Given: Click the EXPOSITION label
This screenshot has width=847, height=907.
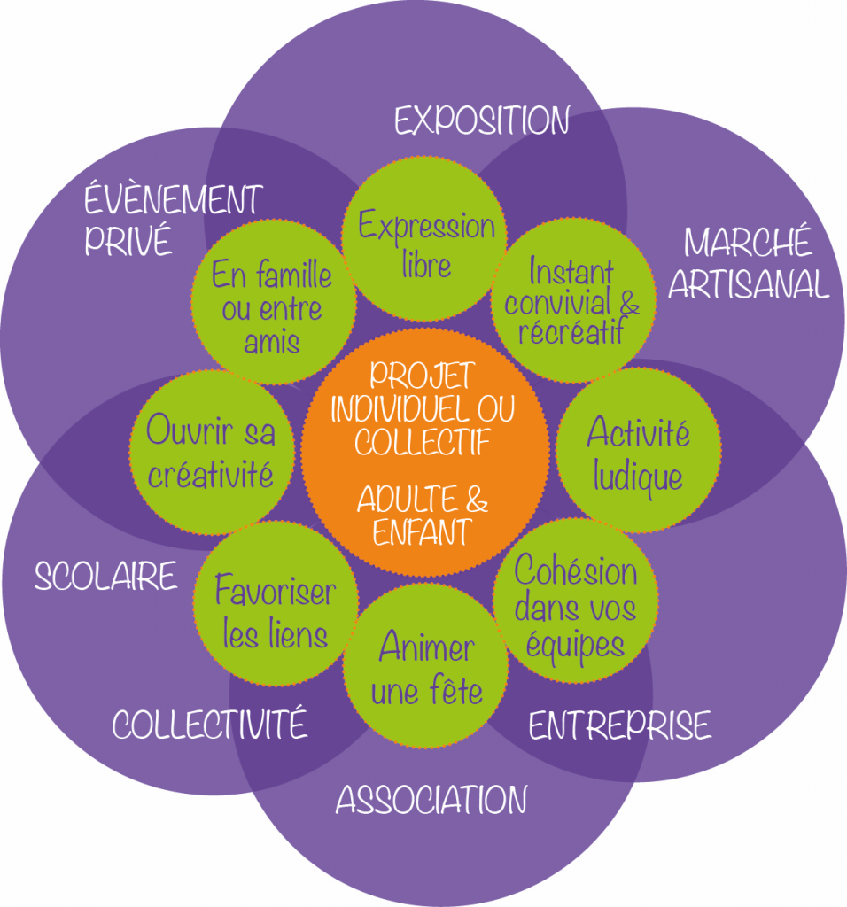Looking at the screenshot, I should (481, 120).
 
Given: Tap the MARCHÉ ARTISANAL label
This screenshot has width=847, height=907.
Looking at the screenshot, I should (749, 263).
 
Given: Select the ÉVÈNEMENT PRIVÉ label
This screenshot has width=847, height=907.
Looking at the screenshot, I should (173, 220).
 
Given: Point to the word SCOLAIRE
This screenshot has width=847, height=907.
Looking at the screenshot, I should (105, 577).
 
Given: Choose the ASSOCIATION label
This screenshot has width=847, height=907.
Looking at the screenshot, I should (431, 800).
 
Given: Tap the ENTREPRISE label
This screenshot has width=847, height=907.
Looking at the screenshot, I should (619, 725).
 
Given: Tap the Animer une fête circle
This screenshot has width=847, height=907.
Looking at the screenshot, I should (426, 668).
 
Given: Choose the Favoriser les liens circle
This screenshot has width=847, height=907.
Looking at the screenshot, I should (276, 611).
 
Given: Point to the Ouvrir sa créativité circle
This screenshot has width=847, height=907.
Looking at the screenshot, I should (211, 453).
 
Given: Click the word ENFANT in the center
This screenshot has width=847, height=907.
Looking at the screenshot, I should (422, 533).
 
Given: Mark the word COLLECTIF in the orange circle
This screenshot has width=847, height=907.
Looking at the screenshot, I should (423, 441).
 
